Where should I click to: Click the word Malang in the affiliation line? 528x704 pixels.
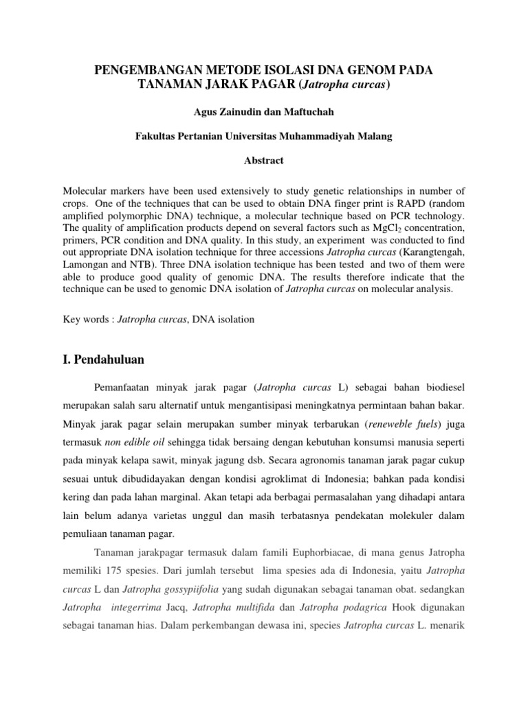[373, 137]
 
